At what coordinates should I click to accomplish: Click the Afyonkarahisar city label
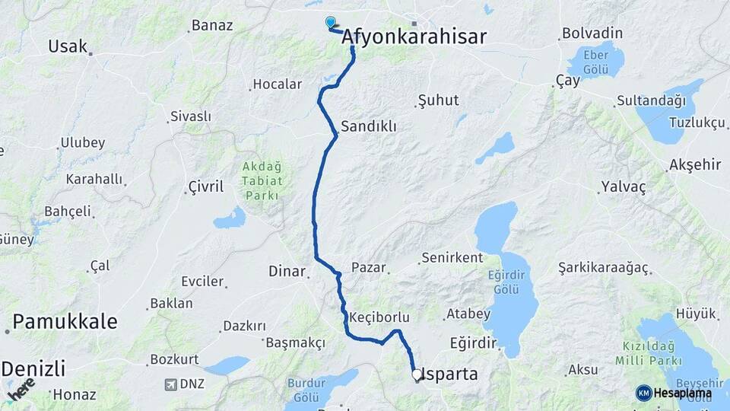tap(414, 37)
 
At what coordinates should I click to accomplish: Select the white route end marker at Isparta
tap(417, 374)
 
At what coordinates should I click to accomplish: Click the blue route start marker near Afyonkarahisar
tap(331, 23)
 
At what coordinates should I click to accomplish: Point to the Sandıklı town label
tap(369, 126)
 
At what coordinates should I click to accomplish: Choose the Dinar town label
tap(287, 270)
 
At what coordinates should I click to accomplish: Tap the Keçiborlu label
tap(379, 317)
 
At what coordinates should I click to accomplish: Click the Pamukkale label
tap(65, 321)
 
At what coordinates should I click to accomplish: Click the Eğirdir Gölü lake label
tap(506, 282)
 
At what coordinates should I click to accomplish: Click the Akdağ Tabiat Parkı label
tap(262, 181)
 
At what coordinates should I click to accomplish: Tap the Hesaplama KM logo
tap(674, 393)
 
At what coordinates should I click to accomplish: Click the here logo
tap(21, 388)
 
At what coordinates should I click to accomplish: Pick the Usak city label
tap(68, 46)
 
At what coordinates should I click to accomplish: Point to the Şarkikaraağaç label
tap(603, 268)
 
